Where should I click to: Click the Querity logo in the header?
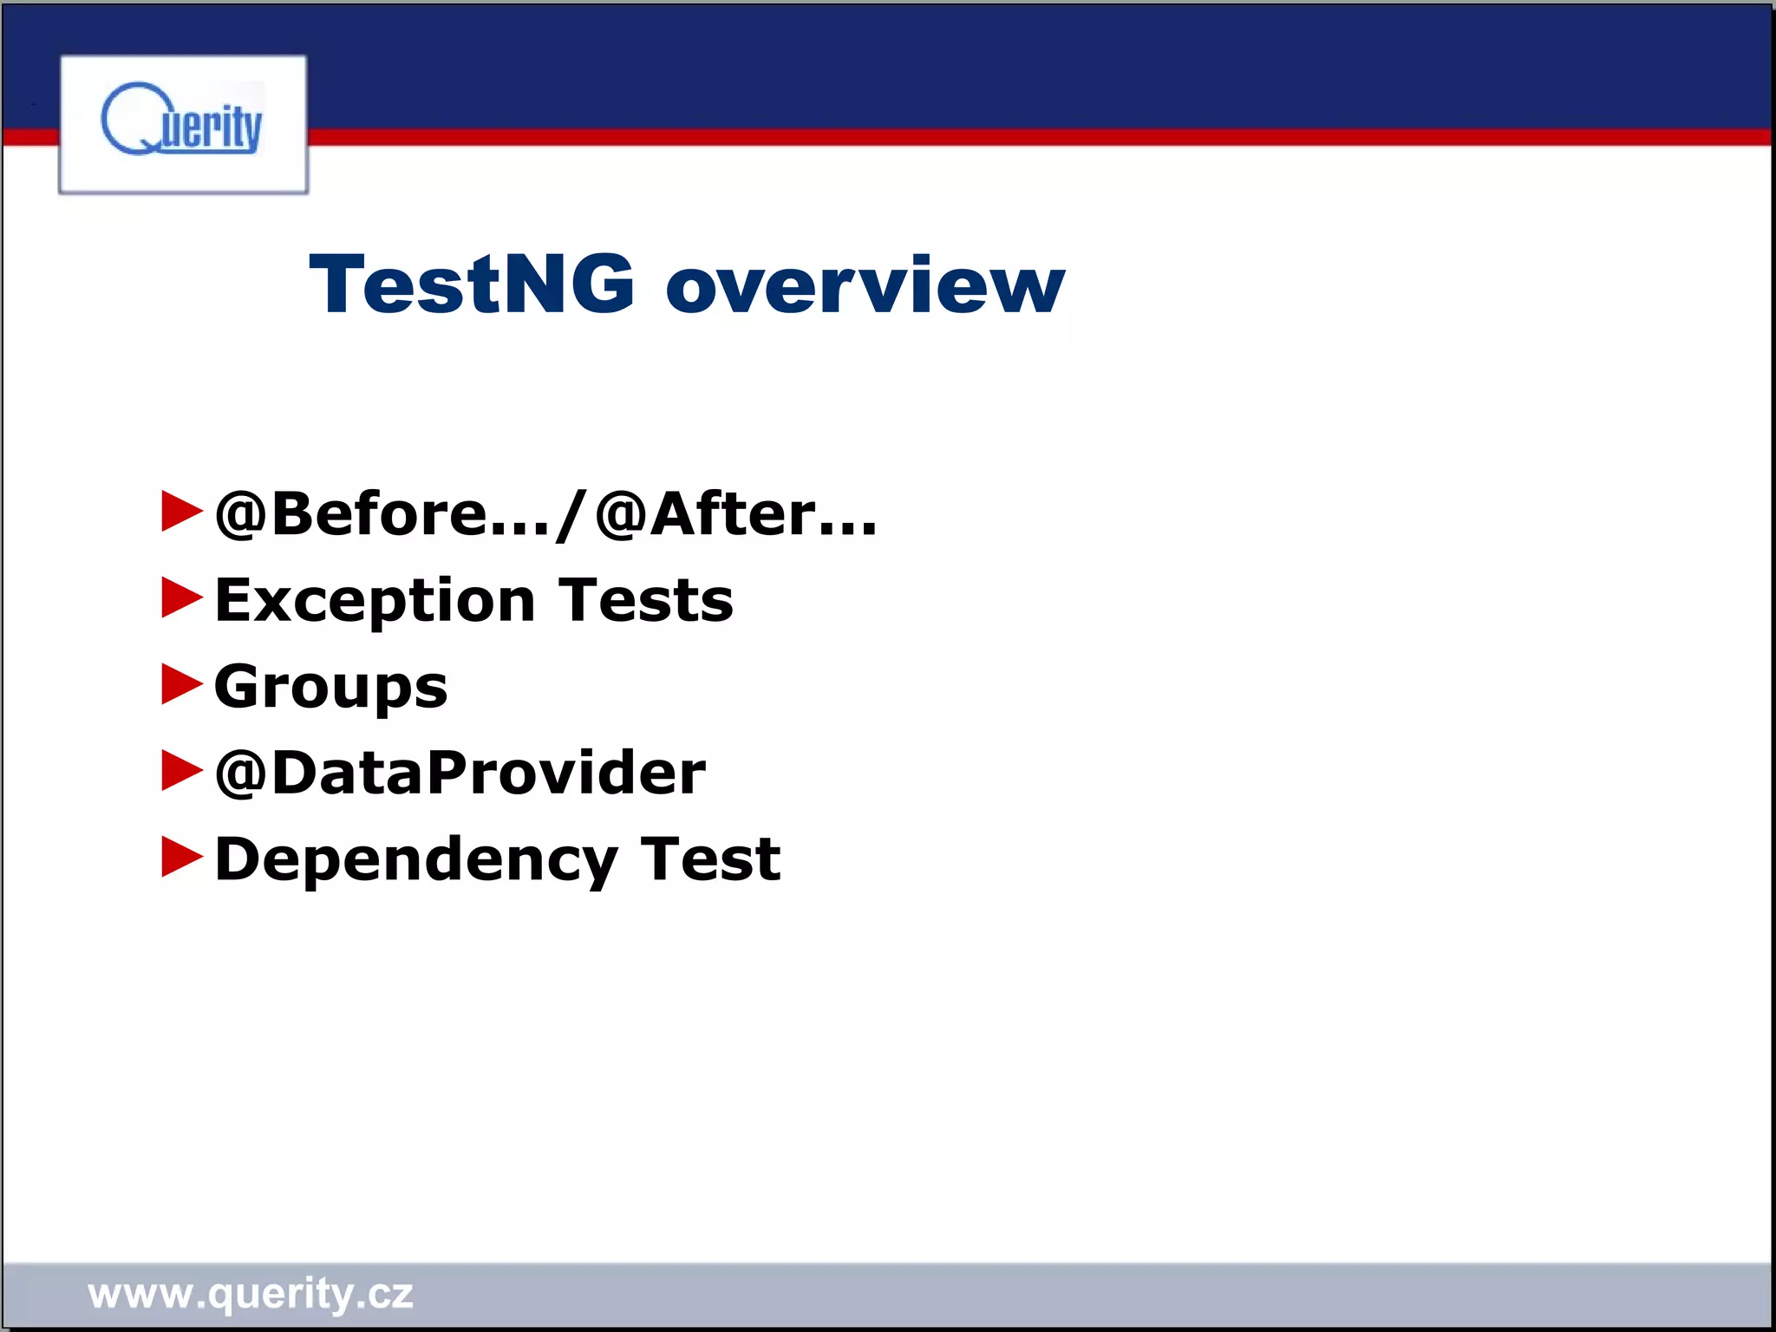tap(183, 124)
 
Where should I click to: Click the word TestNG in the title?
tap(472, 284)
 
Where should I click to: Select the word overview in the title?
tap(865, 286)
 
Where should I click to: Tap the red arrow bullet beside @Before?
tap(181, 511)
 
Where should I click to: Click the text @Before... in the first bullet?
tap(382, 513)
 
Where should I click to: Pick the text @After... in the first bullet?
tap(736, 513)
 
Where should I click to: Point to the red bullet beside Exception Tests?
tap(181, 597)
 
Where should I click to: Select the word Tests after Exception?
tap(646, 599)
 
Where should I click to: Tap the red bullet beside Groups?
tap(181, 683)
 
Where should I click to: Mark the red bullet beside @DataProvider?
tap(181, 770)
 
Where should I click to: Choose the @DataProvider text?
tap(460, 772)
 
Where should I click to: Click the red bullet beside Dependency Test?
tap(181, 857)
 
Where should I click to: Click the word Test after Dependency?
tap(710, 859)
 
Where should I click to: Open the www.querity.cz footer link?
tap(251, 1294)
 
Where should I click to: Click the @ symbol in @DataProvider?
tap(240, 773)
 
